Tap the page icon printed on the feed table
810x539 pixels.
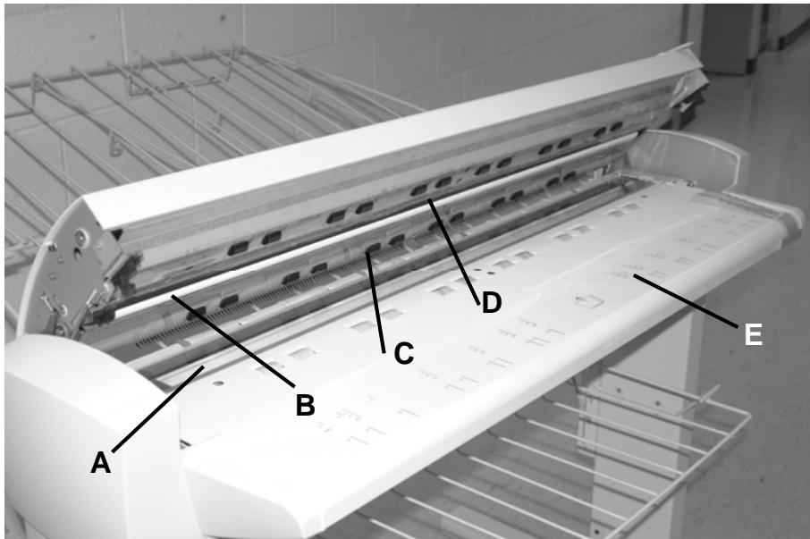(586, 300)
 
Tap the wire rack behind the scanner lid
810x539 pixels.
(134, 107)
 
